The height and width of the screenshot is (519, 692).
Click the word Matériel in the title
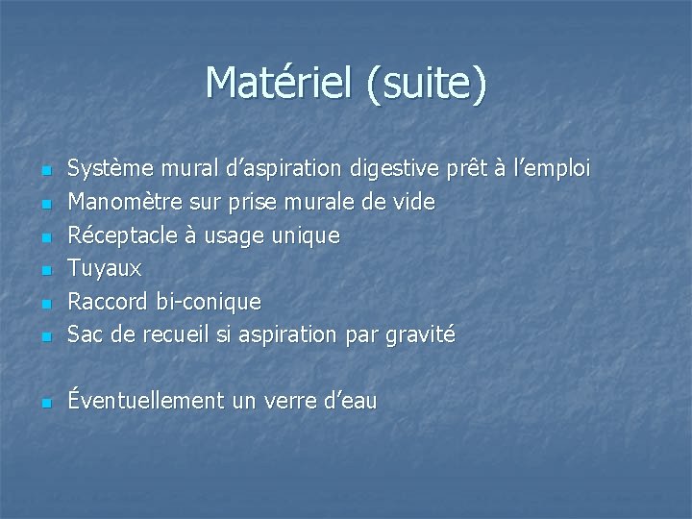point(280,83)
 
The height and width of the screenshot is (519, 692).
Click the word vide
point(414,203)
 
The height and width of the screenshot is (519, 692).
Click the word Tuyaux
point(104,268)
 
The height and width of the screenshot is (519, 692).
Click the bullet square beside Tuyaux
point(44,271)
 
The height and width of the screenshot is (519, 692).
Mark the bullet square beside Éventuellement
point(44,404)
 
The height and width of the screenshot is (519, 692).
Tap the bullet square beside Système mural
point(44,172)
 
